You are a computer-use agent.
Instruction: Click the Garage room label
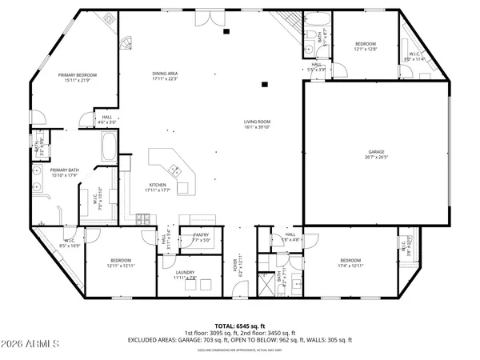pos(378,154)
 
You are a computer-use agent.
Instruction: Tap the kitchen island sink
pos(173,170)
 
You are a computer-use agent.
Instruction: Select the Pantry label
pos(201,238)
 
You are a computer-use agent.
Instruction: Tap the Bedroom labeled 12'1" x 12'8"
pos(364,45)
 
